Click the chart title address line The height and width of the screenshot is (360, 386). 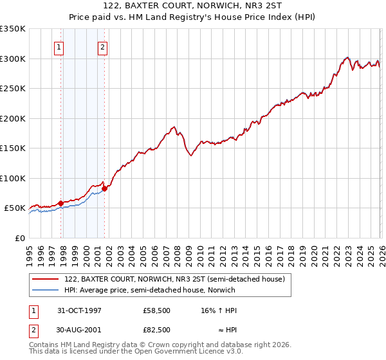[192, 6]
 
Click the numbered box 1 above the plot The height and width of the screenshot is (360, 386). [59, 46]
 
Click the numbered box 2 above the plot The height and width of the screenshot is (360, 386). [102, 46]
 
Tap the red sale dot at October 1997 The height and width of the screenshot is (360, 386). [60, 203]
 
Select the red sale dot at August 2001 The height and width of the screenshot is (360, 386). [104, 188]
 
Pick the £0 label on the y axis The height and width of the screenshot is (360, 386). [19, 238]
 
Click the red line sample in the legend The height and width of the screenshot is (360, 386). [46, 279]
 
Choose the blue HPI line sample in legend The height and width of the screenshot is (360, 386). [46, 290]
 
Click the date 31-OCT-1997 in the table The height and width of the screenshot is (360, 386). [79, 310]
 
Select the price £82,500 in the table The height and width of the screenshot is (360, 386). [157, 330]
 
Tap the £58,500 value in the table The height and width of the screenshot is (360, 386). [157, 310]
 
